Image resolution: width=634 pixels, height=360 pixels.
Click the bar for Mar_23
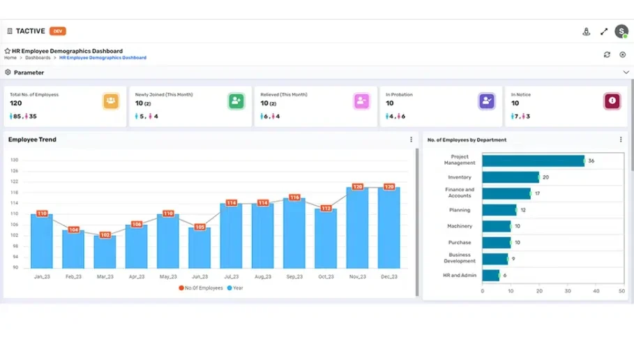105,253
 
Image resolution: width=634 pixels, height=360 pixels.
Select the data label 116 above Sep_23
294,197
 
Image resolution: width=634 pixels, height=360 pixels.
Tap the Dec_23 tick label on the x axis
389,277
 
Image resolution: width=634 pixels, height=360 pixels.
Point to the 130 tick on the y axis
14,160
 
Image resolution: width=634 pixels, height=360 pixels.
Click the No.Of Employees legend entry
201,287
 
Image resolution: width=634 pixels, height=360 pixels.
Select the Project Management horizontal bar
533,160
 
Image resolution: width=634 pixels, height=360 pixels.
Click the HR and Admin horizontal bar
490,276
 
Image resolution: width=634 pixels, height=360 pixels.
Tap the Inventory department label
460,177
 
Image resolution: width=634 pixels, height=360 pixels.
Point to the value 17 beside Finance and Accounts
537,193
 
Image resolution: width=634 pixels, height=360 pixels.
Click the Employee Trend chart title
32,140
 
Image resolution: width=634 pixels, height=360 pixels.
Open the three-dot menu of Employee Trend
411,140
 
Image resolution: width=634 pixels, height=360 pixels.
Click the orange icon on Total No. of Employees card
111,101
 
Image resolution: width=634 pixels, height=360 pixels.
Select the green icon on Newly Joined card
236,101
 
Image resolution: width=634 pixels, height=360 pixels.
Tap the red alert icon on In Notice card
612,101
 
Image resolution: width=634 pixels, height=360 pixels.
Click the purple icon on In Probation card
486,101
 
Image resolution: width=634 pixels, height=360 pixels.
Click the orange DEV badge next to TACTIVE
58,31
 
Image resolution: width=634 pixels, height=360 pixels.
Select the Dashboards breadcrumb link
38,58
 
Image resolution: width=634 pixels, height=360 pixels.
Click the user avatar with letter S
621,31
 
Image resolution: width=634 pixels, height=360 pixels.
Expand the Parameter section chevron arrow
626,73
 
